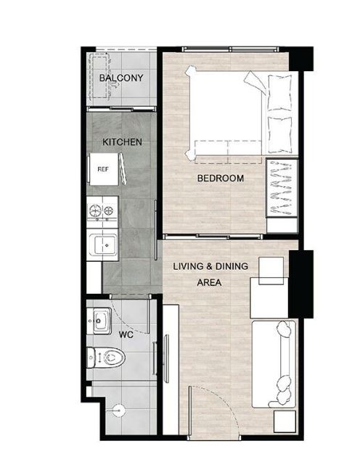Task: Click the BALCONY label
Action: [x=121, y=78]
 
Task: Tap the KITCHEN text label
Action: [x=122, y=141]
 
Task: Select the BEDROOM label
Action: [x=220, y=178]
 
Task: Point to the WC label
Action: [x=126, y=334]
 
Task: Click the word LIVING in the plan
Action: [x=187, y=266]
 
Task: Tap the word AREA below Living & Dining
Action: [x=209, y=282]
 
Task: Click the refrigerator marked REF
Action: [x=103, y=169]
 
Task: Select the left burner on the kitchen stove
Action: [x=95, y=210]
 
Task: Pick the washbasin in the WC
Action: [x=99, y=321]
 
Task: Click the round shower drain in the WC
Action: [x=117, y=410]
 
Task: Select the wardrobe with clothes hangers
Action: [x=282, y=188]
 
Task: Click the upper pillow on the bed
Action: [x=279, y=93]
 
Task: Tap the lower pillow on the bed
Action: [x=279, y=135]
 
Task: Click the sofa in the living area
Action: [x=274, y=364]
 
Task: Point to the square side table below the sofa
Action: [x=285, y=421]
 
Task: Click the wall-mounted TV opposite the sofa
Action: [x=166, y=358]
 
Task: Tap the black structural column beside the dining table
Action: [x=301, y=284]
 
